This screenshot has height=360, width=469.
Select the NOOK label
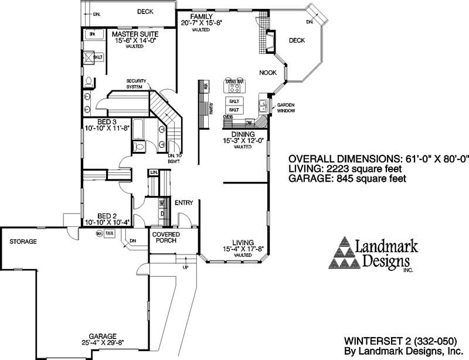(x=269, y=73)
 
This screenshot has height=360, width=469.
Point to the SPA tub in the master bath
(x=92, y=35)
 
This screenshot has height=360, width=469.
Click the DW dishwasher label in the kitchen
(x=249, y=123)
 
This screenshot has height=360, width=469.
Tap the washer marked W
(x=162, y=203)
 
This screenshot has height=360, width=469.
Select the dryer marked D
(x=162, y=213)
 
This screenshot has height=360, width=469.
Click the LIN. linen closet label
(x=154, y=172)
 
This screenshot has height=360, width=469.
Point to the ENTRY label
(x=184, y=203)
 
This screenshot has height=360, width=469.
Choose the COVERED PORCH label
(x=166, y=238)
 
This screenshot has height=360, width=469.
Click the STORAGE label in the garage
(x=23, y=242)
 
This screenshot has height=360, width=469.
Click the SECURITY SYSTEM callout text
(x=135, y=84)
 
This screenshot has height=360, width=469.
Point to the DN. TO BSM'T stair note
(x=173, y=157)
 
